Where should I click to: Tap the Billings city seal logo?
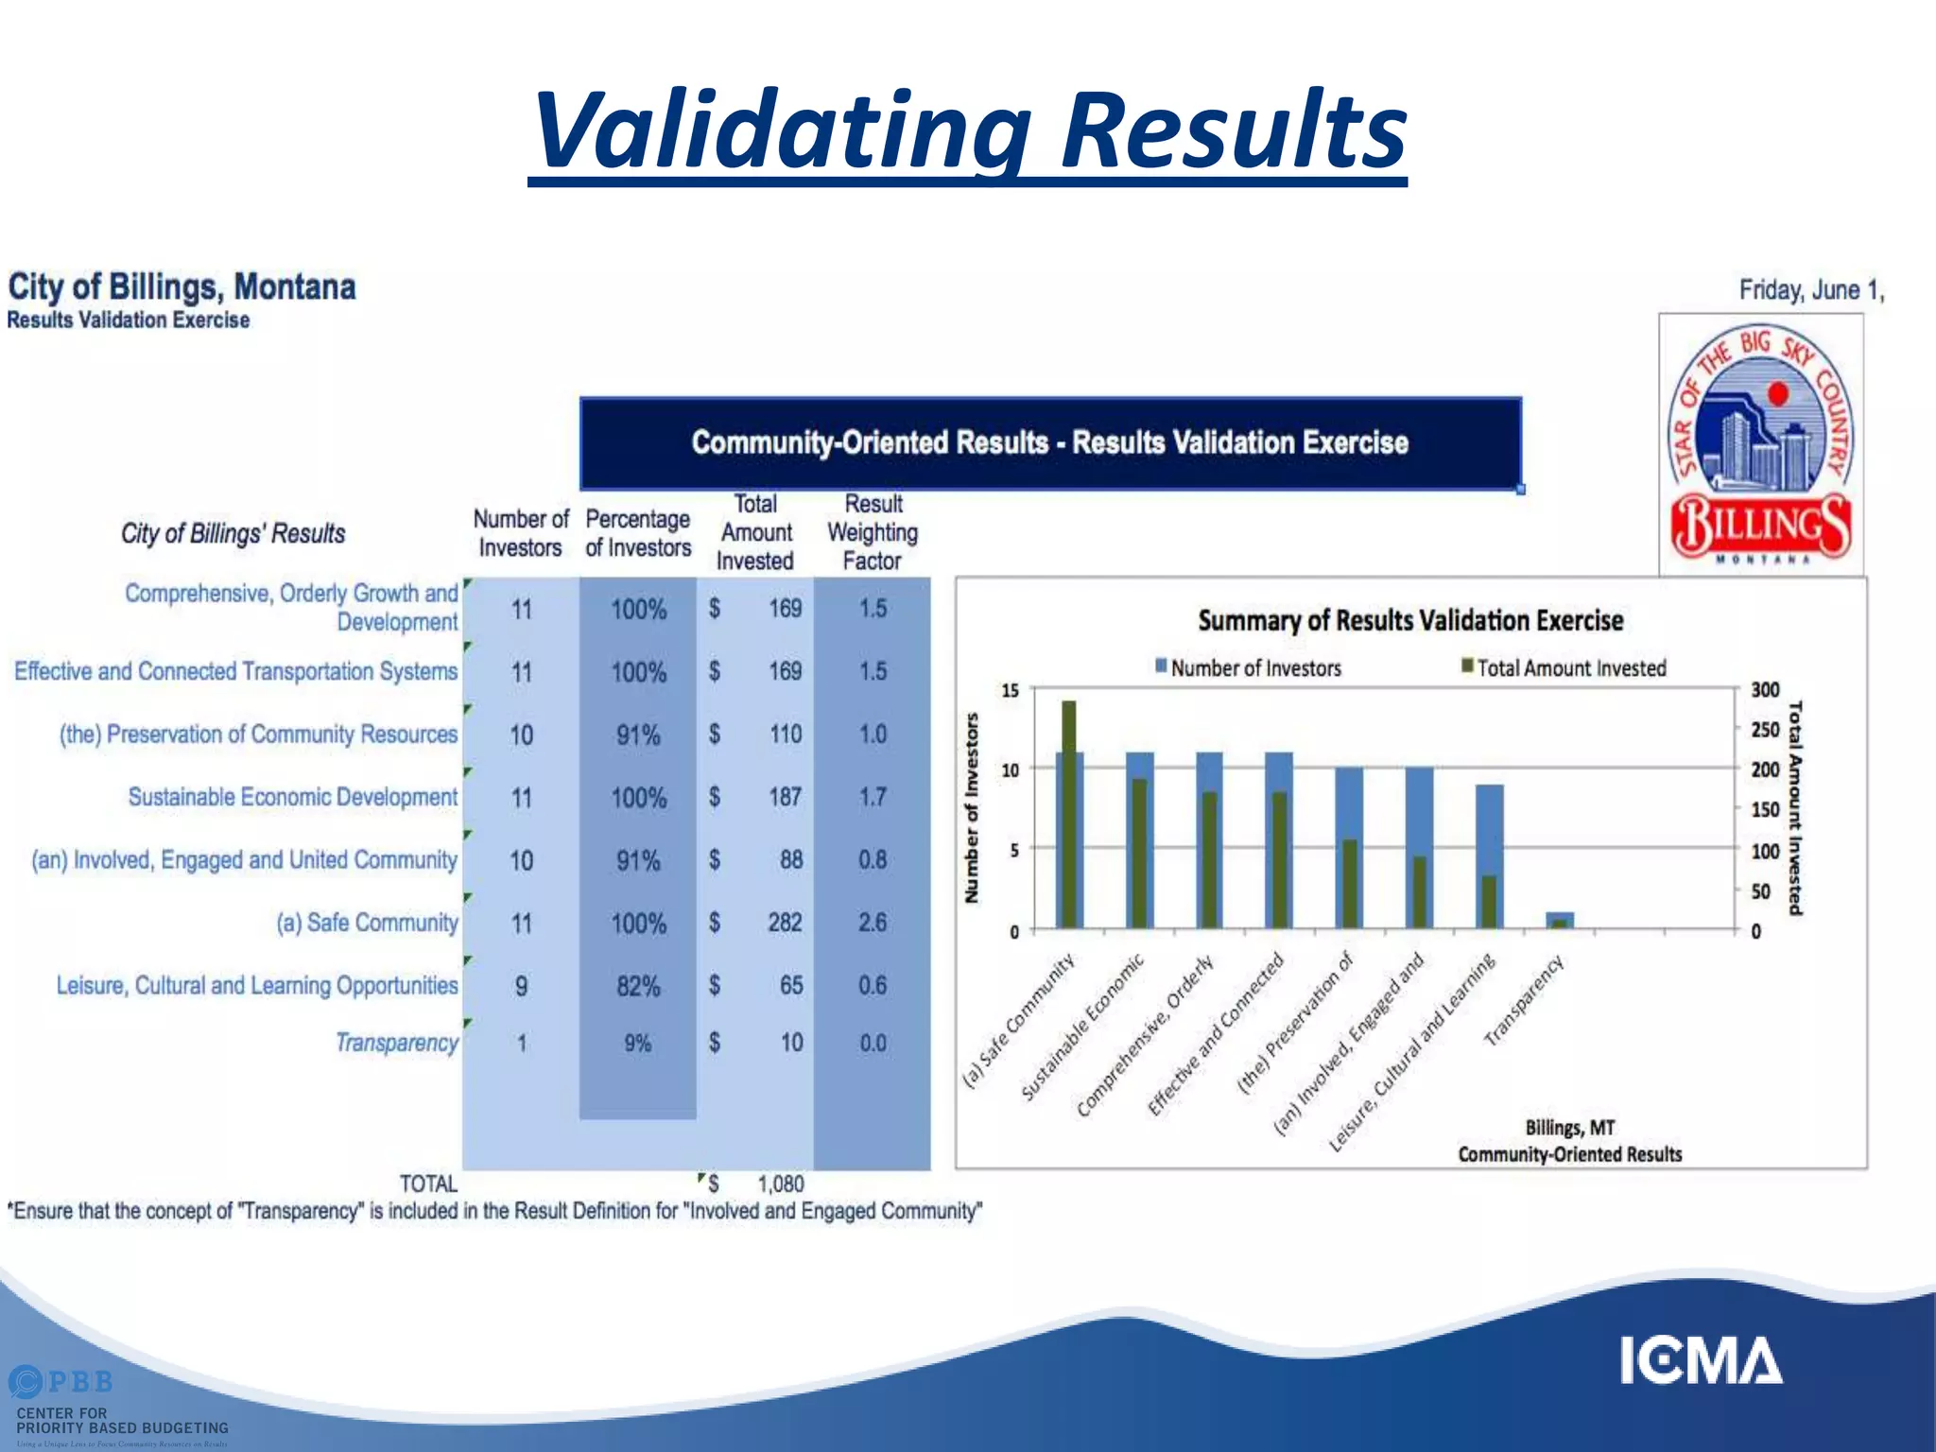[1761, 444]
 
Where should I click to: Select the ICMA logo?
[1701, 1361]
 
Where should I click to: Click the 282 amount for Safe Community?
[784, 923]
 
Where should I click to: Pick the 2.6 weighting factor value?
[872, 923]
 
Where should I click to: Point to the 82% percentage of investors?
[638, 987]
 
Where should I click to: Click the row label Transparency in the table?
[396, 1043]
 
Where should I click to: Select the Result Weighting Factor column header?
[873, 532]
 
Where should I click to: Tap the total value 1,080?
[780, 1184]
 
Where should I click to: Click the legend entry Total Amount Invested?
[1570, 668]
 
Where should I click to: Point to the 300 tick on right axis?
[1764, 690]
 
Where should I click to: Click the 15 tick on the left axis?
[1010, 691]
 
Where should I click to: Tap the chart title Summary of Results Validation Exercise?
[1410, 621]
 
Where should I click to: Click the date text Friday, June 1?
[1810, 290]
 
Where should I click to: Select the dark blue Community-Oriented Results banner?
[1049, 442]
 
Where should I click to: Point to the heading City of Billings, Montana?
[181, 286]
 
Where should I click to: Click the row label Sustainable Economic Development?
[292, 797]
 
